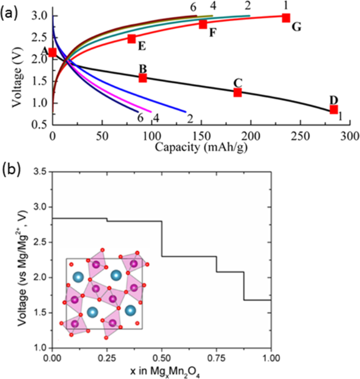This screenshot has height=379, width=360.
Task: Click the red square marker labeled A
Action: click(x=53, y=53)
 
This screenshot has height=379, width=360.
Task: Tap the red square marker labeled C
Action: click(x=237, y=92)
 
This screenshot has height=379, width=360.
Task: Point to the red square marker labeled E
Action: click(x=131, y=39)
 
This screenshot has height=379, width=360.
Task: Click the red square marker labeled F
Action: click(x=203, y=24)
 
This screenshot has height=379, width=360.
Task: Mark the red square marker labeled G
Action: click(x=286, y=18)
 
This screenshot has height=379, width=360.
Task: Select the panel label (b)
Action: click(x=12, y=168)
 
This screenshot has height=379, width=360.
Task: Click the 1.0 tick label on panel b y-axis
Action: click(x=40, y=347)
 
